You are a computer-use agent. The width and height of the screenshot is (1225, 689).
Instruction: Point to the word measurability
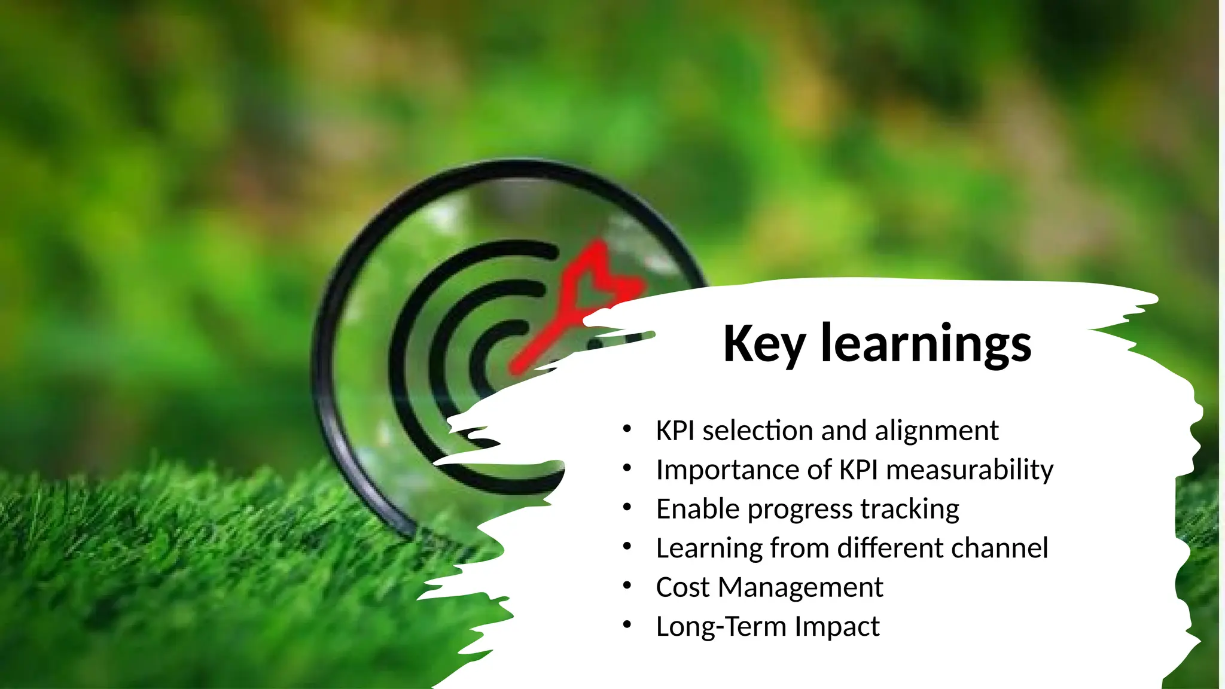tap(970, 470)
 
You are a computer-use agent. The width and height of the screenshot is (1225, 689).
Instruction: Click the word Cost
tap(682, 587)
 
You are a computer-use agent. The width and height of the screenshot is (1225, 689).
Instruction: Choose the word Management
tap(800, 587)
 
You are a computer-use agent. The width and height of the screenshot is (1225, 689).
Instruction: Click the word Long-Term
tap(721, 627)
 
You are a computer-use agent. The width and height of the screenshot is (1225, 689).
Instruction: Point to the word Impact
tap(837, 627)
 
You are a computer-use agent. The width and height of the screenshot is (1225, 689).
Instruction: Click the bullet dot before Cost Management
tap(627, 586)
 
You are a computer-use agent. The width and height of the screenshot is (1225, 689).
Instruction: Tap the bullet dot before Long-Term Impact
tap(627, 625)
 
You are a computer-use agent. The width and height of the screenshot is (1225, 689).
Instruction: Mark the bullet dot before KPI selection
tap(627, 429)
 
